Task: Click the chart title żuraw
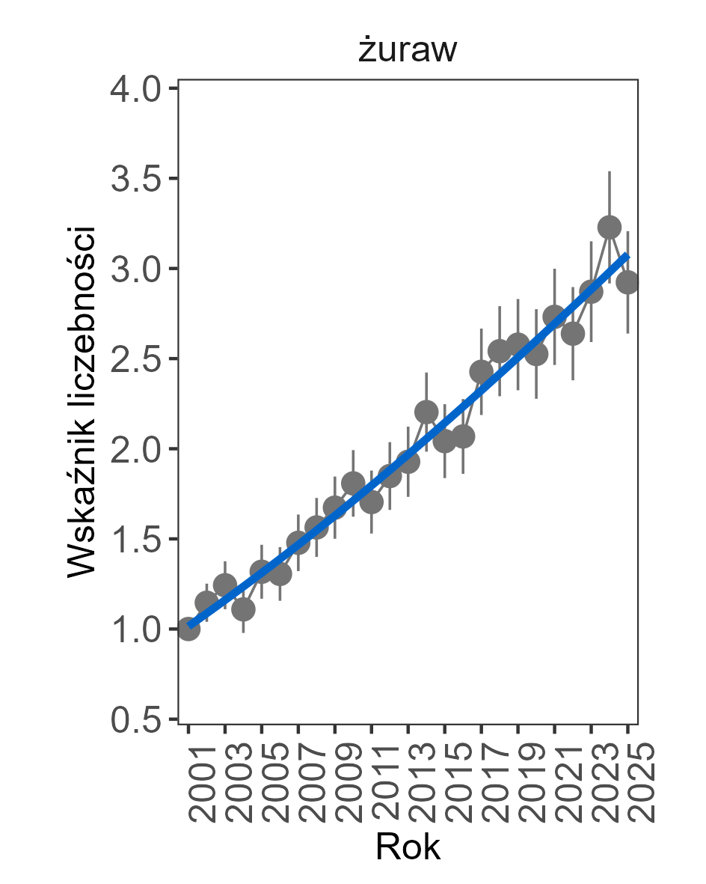(x=408, y=52)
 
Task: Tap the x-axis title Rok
(x=408, y=847)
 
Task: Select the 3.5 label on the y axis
(x=136, y=180)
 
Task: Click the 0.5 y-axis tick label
(x=136, y=720)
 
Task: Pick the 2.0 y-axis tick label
(x=136, y=450)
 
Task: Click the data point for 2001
(x=188, y=630)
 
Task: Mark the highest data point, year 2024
(x=610, y=227)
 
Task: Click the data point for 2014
(x=426, y=412)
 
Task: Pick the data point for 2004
(x=243, y=609)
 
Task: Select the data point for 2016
(x=463, y=436)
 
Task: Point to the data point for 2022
(x=573, y=334)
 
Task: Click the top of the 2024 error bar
(x=610, y=172)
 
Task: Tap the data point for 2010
(x=353, y=483)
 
